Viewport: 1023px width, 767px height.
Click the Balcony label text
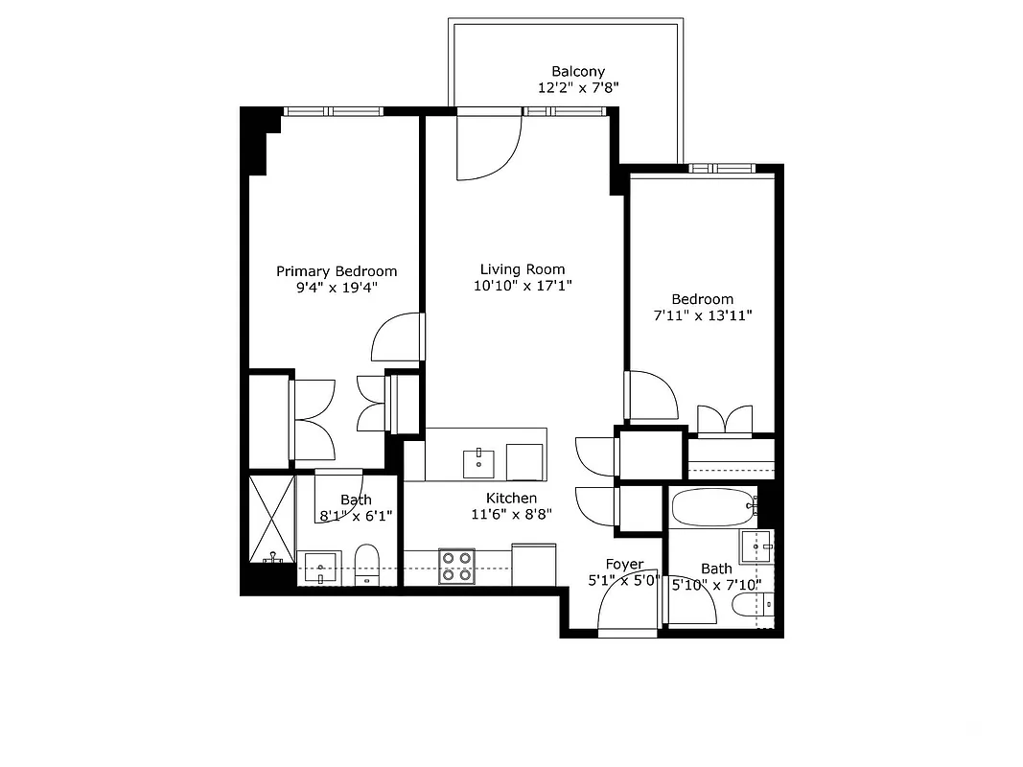(x=578, y=71)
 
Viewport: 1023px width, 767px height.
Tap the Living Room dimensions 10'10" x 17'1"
(x=523, y=286)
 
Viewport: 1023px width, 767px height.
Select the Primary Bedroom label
(x=337, y=271)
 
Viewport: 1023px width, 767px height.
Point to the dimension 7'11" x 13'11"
(x=702, y=315)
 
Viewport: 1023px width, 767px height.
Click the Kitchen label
(x=511, y=498)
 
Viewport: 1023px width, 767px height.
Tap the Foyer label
(x=624, y=565)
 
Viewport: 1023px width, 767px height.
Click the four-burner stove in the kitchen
(x=457, y=566)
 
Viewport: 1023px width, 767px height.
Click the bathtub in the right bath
(x=709, y=507)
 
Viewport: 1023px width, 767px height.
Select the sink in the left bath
(x=320, y=568)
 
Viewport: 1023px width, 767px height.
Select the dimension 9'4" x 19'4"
(x=337, y=287)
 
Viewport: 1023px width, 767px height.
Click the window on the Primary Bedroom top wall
(x=332, y=111)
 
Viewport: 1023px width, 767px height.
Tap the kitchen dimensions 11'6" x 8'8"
(x=511, y=514)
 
